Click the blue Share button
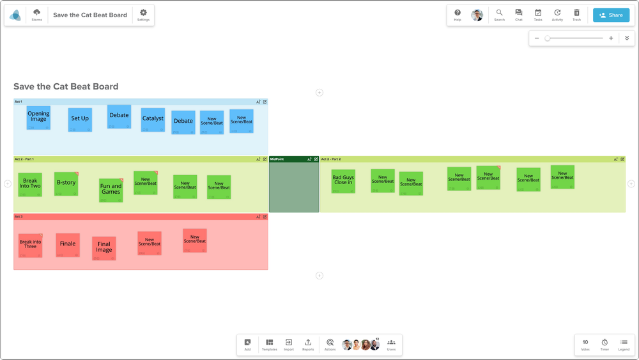point(611,15)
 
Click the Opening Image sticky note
point(38,118)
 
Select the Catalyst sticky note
point(153,119)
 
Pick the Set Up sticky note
point(80,120)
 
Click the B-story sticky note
point(66,184)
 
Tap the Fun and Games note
point(111,190)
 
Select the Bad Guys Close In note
point(343,181)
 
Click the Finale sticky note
point(68,245)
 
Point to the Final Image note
point(104,248)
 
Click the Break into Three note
point(30,245)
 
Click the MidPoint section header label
point(277,159)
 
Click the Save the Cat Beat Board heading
point(66,87)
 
